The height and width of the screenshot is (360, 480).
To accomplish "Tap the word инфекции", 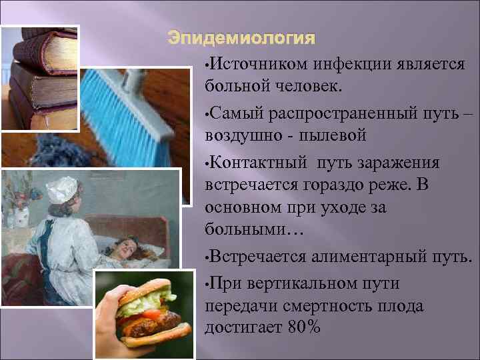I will click(330, 64).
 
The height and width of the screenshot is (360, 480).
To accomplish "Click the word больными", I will click(254, 230).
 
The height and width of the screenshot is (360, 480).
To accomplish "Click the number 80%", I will click(305, 327).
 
